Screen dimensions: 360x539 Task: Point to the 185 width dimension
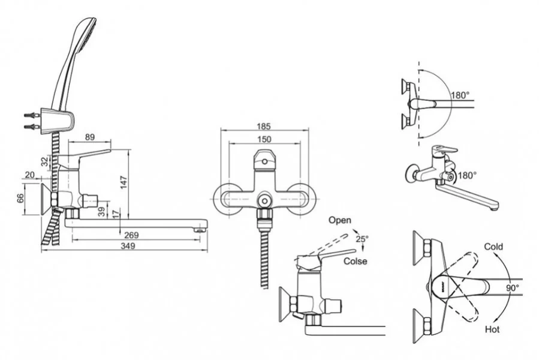[264, 127]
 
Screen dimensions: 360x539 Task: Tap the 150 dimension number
[264, 139]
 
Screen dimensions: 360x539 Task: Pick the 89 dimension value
[89, 137]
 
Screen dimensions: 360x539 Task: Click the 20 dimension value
[30, 175]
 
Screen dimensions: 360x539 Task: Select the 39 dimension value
[101, 212]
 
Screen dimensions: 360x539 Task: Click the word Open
[339, 220]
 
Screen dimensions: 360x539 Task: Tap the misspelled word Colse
[355, 262]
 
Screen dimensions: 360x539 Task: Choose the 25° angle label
[362, 239]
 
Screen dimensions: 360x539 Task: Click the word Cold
[494, 247]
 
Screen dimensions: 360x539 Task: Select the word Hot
[492, 329]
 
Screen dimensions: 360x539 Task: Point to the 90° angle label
[512, 288]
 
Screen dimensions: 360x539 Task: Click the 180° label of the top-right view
[459, 95]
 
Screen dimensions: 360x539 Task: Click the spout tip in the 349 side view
[202, 226]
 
